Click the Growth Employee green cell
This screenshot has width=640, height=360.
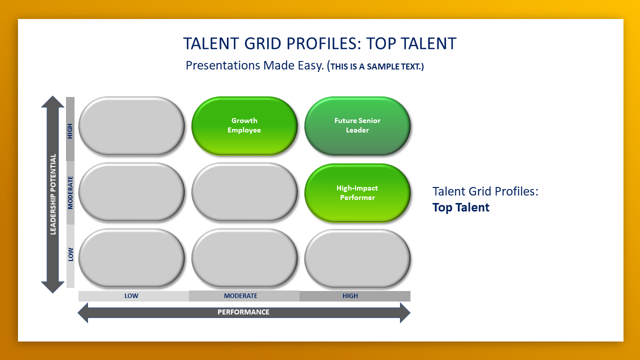(244, 125)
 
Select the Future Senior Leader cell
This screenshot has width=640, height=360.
(357, 125)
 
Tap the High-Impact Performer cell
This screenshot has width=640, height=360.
(357, 193)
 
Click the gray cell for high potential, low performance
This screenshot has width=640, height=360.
(131, 125)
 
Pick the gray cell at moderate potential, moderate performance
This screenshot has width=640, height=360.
(244, 192)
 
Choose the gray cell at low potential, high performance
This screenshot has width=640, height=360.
(357, 258)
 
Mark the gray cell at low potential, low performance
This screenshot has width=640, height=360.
(131, 258)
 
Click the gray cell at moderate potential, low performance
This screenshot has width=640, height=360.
(131, 192)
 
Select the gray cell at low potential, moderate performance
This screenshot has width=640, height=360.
(244, 258)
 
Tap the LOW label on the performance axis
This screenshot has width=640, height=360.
(131, 296)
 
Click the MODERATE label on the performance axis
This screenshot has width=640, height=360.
(240, 296)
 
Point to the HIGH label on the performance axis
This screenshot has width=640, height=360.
(350, 296)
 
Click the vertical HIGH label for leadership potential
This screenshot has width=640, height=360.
(70, 131)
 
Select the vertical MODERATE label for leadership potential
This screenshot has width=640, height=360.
(70, 192)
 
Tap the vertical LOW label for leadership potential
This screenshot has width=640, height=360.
(70, 254)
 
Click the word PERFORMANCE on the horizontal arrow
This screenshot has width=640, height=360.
(243, 312)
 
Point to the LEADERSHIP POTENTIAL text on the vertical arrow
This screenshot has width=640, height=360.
(53, 194)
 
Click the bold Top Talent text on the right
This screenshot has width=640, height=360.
(461, 207)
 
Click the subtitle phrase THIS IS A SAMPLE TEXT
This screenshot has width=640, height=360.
(375, 66)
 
